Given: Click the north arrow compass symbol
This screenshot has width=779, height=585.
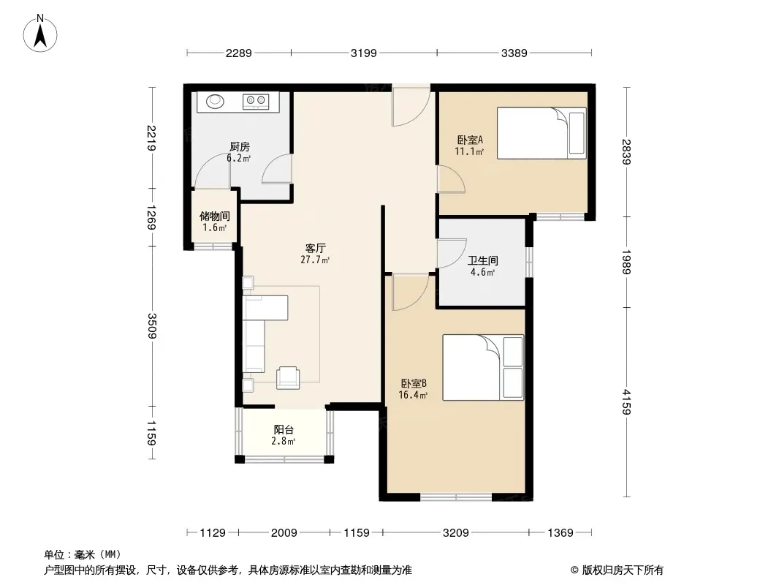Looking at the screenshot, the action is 40,33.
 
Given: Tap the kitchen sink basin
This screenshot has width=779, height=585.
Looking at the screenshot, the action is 216,101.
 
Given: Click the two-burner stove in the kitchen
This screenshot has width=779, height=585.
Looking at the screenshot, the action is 256,102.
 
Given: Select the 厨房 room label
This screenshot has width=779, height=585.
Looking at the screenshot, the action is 240,147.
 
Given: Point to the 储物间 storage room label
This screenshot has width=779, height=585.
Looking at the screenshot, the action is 215,216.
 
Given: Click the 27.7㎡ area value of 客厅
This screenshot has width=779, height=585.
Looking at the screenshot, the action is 315,260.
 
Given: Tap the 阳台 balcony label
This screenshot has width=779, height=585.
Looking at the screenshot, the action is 284,429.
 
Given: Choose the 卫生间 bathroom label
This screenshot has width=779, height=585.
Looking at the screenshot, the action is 483,260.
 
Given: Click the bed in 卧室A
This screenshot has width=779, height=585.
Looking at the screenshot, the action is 541,132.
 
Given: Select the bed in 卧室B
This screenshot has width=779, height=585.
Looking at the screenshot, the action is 483,367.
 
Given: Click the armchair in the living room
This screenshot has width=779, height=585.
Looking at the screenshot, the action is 288,377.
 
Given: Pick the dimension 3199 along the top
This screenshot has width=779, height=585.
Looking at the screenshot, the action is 364,53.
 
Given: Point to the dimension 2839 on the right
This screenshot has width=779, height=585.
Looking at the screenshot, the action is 626,152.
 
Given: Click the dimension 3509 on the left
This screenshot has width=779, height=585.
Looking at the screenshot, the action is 151,326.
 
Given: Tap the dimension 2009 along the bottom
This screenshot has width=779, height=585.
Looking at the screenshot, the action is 284,533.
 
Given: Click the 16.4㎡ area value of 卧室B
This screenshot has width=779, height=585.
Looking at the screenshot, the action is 413,395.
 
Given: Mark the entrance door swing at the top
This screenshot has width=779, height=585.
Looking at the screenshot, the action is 411,106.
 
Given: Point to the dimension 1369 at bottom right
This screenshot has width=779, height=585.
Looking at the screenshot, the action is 560,533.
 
